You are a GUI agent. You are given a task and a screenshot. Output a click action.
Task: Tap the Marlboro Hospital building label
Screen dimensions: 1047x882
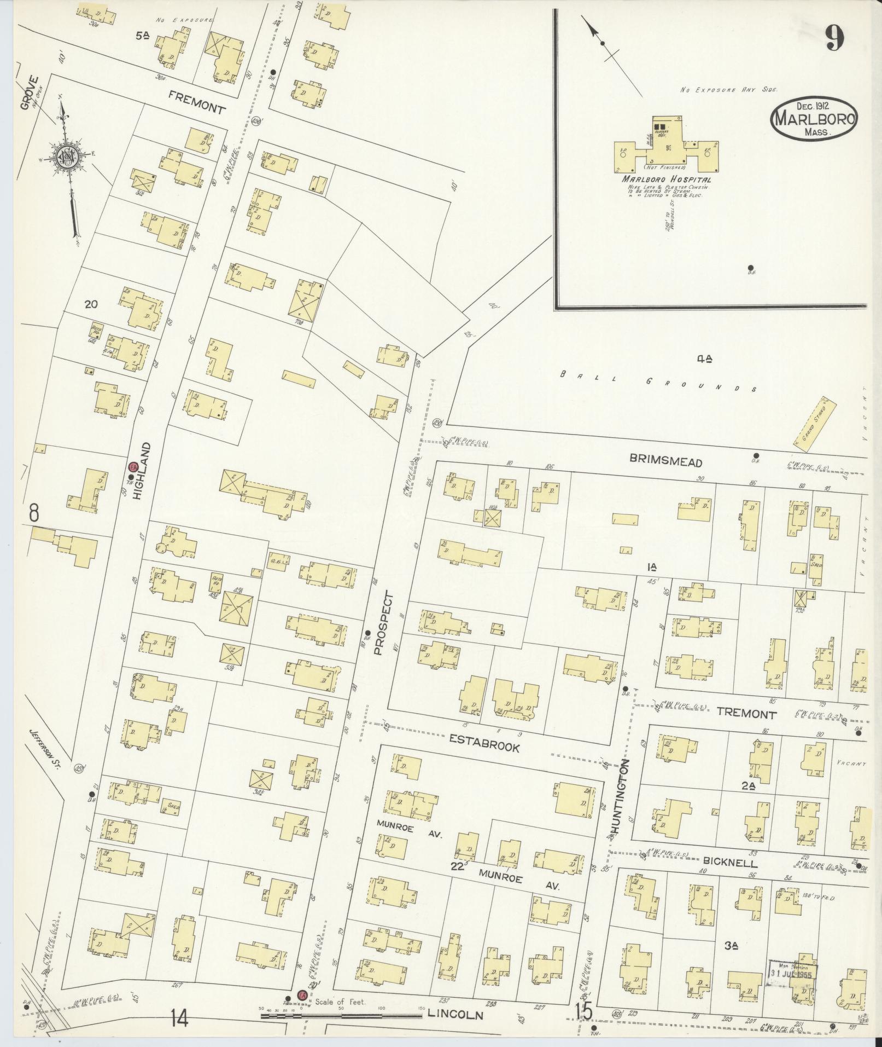coord(665,180)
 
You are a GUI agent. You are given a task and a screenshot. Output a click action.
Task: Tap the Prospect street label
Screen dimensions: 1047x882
coord(383,623)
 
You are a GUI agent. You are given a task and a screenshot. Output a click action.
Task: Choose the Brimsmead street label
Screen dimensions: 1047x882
coord(665,462)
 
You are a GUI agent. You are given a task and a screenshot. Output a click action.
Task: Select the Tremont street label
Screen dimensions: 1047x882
coord(746,714)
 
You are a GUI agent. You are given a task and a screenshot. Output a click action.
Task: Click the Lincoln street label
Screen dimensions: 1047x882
coord(455,1014)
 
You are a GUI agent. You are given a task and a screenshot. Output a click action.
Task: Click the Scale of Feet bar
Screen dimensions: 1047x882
coord(342,1015)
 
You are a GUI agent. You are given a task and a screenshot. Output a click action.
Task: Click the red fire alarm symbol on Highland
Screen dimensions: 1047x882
coord(132,467)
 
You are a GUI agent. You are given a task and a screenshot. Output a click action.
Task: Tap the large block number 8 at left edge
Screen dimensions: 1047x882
coord(34,513)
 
